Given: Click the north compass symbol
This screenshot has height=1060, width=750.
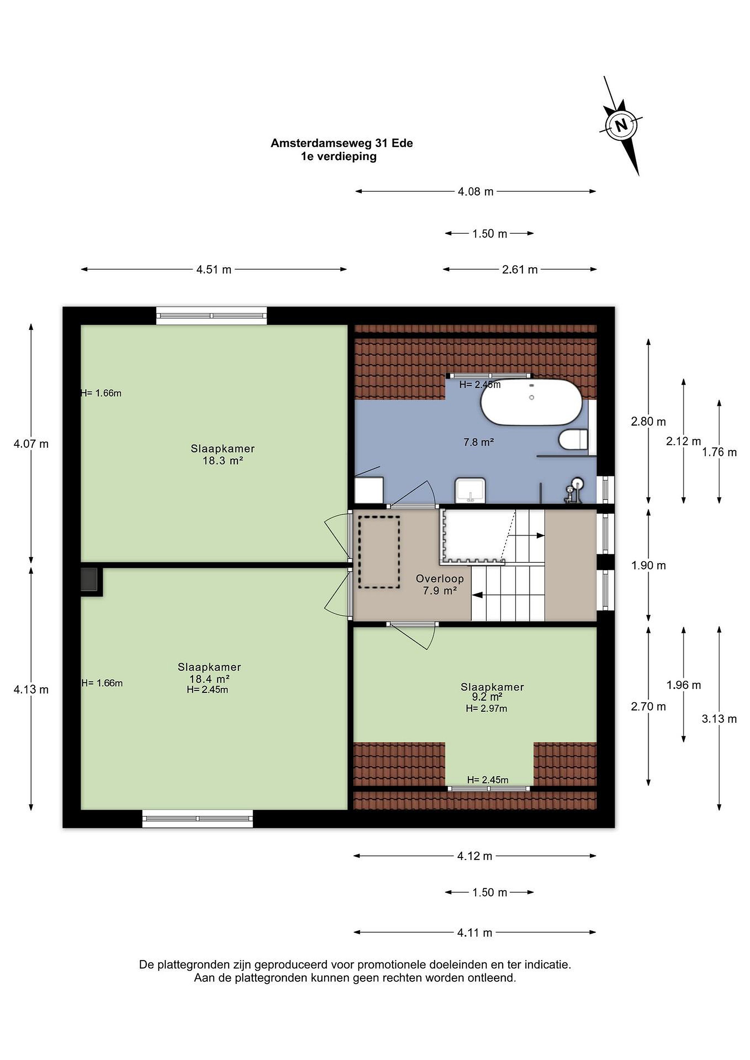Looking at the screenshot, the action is click(622, 125).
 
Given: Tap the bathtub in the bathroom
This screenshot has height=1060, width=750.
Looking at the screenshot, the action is click(530, 402).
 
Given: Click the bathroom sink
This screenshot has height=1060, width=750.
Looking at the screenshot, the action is click(470, 490).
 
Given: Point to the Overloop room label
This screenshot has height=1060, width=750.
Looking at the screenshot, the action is click(440, 579).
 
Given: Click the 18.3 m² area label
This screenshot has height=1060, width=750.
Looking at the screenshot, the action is click(223, 460).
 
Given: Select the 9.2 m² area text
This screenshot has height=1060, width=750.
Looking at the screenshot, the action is click(487, 697).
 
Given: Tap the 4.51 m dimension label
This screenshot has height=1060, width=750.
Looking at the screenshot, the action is click(214, 270).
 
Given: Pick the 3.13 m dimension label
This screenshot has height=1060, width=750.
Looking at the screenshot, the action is click(719, 719).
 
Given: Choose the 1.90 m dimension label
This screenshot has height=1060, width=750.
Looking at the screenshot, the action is click(648, 566).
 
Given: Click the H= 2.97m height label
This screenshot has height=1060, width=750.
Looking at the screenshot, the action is click(486, 709).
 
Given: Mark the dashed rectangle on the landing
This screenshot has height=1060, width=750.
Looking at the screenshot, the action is click(379, 552).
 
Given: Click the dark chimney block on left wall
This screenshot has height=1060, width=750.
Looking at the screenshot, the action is click(89, 579).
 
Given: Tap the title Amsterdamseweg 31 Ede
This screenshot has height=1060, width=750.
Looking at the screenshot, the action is click(342, 143).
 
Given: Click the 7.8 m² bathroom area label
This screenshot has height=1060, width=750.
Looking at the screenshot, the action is click(479, 442).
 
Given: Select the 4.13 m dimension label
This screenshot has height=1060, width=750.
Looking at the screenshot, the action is click(31, 690).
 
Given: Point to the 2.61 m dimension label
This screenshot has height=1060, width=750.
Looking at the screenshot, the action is click(520, 270).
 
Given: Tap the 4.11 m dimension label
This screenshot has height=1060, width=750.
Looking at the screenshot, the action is click(475, 933).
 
